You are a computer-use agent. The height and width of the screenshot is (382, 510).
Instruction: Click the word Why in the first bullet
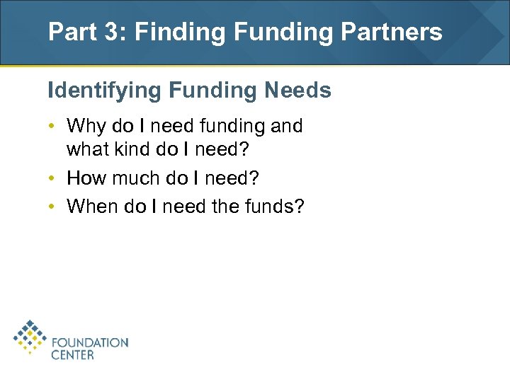[x=85, y=127]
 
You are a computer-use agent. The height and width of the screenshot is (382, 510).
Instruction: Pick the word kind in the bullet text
[x=126, y=151]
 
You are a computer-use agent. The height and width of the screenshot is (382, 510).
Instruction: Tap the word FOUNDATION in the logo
[x=90, y=342]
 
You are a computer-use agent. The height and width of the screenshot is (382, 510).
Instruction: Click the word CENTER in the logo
[x=72, y=354]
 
